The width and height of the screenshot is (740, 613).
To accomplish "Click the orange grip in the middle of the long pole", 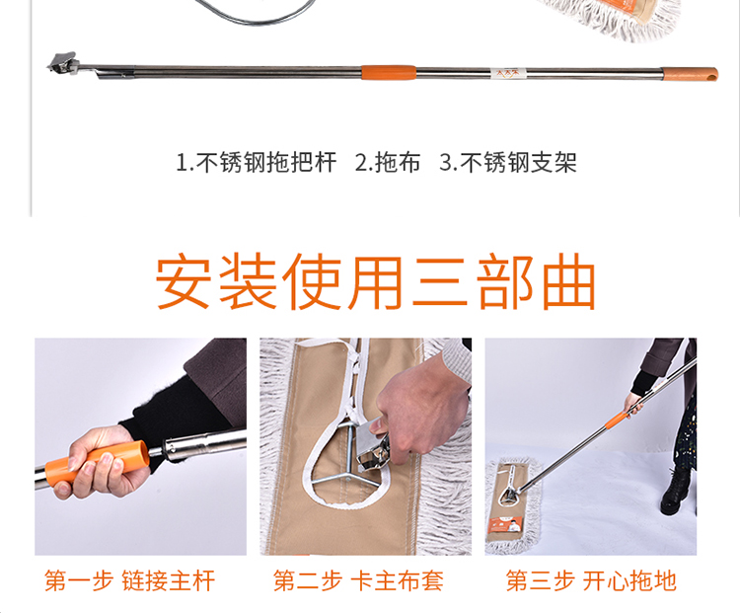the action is (x=389, y=73).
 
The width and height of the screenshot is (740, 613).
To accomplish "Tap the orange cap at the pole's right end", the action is (x=690, y=74).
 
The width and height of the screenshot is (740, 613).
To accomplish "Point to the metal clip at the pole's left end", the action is (x=62, y=63).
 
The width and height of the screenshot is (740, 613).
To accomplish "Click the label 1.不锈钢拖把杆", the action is (x=257, y=163).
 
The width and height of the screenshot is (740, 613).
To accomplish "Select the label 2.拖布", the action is (x=388, y=163).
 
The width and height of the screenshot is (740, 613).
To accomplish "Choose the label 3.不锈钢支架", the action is (x=508, y=163).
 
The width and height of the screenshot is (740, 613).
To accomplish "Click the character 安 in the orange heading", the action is (x=184, y=281).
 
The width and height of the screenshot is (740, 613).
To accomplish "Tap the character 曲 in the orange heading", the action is (x=568, y=281).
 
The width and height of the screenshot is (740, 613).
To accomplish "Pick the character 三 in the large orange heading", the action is (x=440, y=281).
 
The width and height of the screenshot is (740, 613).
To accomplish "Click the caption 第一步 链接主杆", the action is (x=130, y=580).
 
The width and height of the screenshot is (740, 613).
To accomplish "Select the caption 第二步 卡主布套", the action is (x=358, y=580).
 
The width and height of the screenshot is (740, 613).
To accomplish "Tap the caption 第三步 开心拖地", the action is (x=591, y=580).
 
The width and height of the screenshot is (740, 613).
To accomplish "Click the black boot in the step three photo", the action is (x=677, y=492).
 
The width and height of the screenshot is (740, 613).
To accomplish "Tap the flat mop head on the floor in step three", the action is (x=514, y=504).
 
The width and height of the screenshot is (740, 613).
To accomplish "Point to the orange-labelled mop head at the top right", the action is (x=615, y=19).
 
